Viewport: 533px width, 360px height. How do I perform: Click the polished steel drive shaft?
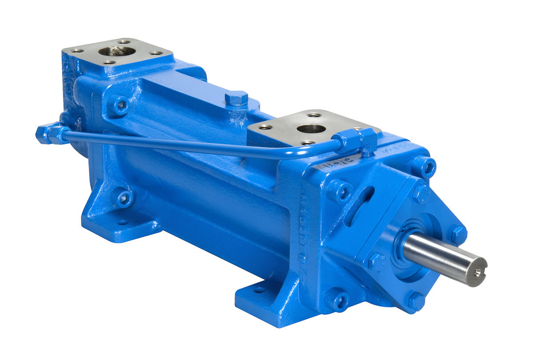[x=444, y=257]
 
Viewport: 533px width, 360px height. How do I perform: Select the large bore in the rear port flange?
[x=117, y=51]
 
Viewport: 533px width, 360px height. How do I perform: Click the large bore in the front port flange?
[x=311, y=129]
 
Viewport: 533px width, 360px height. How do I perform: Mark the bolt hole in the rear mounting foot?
[x=121, y=222]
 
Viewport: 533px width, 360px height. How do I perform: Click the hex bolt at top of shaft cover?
[x=420, y=194]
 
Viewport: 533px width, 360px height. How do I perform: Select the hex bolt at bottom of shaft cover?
[x=416, y=301]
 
